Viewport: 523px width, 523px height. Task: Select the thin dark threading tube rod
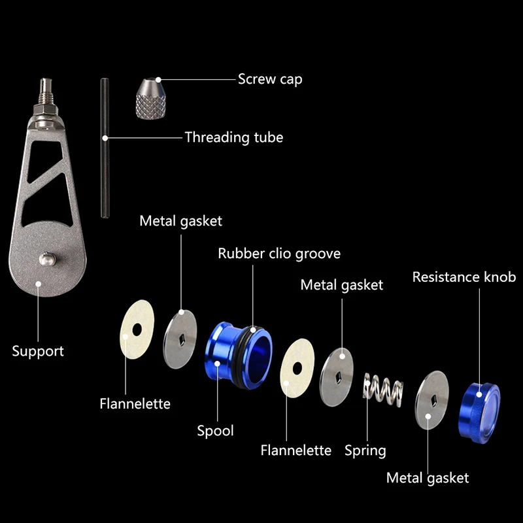pos(105,148)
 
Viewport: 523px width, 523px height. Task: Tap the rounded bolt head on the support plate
pos(47,259)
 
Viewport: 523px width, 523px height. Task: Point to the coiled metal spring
pos(383,390)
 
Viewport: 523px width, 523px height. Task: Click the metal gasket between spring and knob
pos(432,400)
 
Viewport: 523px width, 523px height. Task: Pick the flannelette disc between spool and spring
pos(297,368)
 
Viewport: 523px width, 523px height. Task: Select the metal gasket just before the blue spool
pos(180,339)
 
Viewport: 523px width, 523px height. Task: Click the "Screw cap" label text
pos(270,79)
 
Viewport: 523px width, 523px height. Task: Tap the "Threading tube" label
pos(234,137)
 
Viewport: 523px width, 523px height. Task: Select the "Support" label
pos(38,352)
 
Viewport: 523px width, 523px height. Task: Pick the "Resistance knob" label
pos(464,277)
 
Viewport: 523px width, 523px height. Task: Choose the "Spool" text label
pos(215,431)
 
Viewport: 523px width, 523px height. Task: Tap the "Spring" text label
pos(365,451)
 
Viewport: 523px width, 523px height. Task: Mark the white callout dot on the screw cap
pos(158,80)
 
